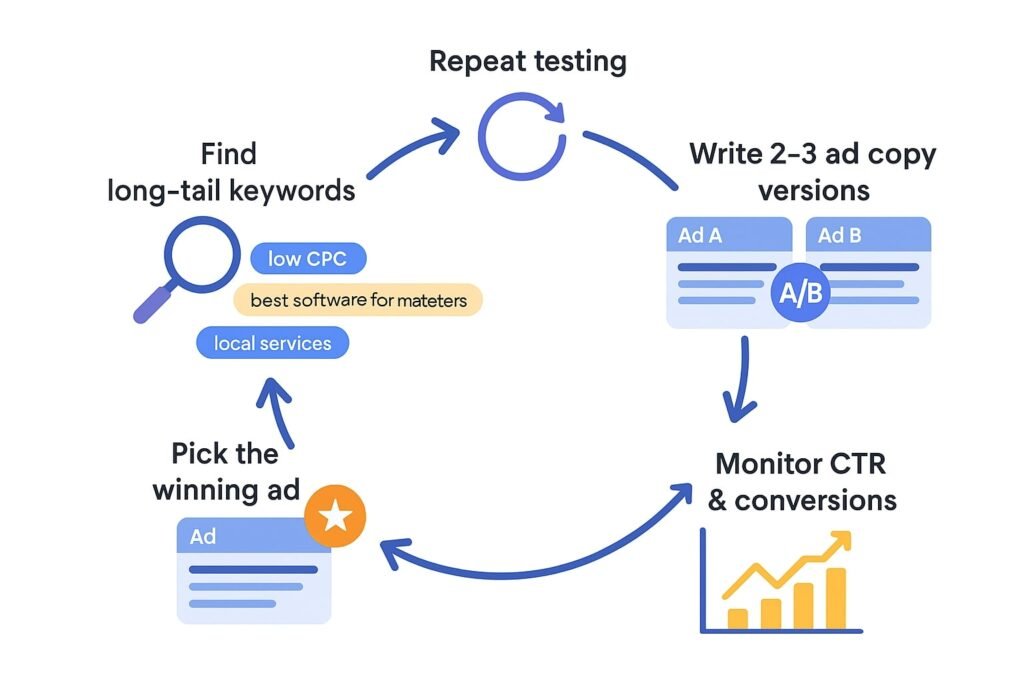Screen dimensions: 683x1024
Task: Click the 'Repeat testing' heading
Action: coord(527,61)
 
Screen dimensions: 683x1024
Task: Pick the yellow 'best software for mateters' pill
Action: coord(358,300)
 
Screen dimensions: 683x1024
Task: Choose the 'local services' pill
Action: coord(273,343)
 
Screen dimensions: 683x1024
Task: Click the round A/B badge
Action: coord(804,292)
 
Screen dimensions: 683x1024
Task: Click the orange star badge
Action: coord(336,516)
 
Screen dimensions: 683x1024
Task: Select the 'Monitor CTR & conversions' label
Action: coord(801,482)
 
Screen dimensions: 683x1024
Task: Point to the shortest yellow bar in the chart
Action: coord(738,616)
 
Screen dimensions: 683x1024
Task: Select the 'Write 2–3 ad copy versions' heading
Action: coord(812,171)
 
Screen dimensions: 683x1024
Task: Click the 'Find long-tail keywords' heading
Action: coord(230,171)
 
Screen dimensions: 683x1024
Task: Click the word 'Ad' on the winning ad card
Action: coord(203,537)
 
